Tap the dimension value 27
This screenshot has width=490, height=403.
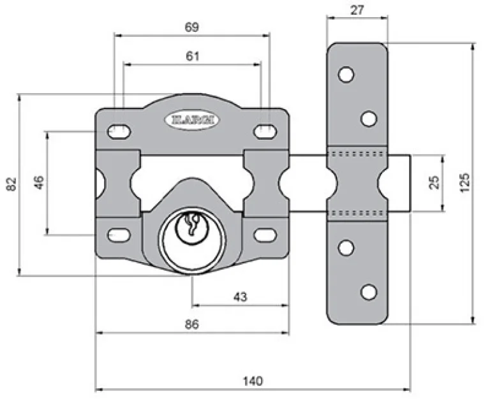pos(357,10)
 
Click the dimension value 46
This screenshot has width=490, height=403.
pos(38,183)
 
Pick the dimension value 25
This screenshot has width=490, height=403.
pos(434,182)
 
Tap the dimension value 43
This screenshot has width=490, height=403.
pos(240,297)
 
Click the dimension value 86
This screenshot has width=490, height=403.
pos(191,324)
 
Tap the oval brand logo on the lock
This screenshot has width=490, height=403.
pos(192,119)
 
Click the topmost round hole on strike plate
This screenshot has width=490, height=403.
pos(346,75)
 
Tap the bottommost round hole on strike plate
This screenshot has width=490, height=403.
pos(368,292)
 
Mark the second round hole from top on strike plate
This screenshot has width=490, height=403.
pos(368,118)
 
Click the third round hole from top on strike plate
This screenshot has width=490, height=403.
pos(346,248)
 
